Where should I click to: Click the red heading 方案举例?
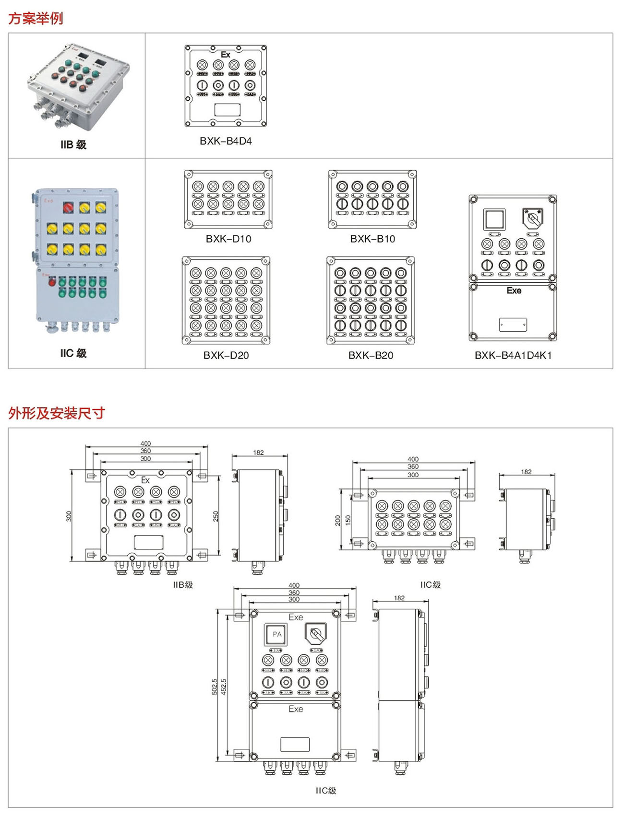(36, 18)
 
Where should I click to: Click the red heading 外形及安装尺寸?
(56, 413)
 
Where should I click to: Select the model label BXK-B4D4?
(226, 141)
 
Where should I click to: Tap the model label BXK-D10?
(228, 239)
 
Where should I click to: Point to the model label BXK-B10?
(372, 239)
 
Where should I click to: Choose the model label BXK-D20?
(226, 355)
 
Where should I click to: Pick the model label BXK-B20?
(371, 355)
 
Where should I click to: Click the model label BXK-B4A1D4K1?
(513, 355)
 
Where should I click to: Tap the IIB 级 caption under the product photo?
(73, 144)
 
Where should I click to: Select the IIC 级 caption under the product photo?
(73, 353)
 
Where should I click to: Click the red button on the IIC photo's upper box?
(69, 208)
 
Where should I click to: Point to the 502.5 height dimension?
(215, 686)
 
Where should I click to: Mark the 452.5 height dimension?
(223, 686)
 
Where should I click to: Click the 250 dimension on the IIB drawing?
(216, 516)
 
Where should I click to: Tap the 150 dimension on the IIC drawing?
(348, 519)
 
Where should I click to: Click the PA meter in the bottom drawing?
(277, 634)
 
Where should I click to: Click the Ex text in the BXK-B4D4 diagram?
(225, 55)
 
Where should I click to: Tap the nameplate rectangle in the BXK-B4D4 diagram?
(228, 110)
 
